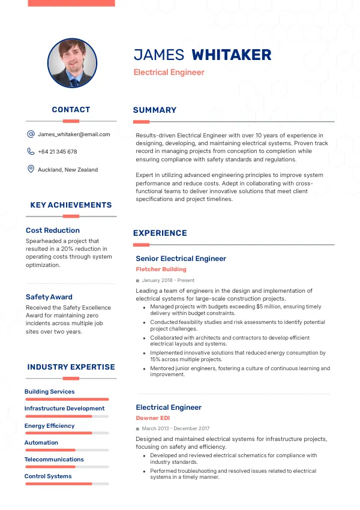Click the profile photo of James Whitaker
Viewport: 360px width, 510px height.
tap(72, 64)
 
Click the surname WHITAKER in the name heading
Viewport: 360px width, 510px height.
tap(231, 55)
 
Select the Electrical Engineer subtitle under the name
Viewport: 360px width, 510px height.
tap(169, 73)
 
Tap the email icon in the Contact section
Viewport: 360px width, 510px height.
tap(31, 134)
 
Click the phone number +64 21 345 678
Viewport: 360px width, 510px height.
tap(57, 152)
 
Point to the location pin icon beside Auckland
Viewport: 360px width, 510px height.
tap(31, 169)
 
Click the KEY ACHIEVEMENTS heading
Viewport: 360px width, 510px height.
tap(71, 205)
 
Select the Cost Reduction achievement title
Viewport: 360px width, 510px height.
tap(53, 230)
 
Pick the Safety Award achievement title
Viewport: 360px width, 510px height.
tap(49, 297)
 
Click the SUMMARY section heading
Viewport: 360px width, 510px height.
tap(155, 110)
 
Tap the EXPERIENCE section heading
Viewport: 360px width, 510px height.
tap(160, 233)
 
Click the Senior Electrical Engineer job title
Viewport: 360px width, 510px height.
tap(181, 259)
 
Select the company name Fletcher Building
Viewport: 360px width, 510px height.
tap(161, 269)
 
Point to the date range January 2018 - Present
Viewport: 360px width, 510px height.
tap(168, 280)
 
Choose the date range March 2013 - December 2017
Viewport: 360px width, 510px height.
tap(175, 428)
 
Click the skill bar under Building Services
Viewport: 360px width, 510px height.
tap(67, 399)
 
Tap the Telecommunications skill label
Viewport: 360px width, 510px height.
tap(54, 460)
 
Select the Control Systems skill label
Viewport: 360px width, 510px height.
tap(48, 476)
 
